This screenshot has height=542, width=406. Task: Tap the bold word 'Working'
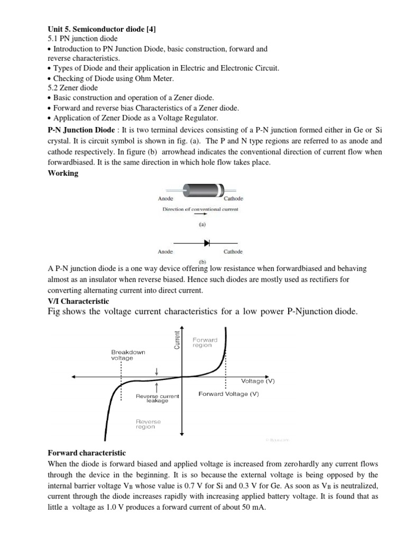62,174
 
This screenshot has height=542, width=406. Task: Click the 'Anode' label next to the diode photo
165,198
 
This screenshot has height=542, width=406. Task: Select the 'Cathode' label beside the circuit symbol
233,251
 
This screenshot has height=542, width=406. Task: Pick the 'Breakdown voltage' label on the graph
128,355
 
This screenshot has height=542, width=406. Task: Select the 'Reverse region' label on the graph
148,424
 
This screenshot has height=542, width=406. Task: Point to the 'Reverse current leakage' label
158,398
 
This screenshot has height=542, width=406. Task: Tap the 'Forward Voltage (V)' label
228,394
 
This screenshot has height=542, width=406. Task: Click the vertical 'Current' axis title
177,339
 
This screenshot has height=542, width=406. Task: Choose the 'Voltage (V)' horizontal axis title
257,381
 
